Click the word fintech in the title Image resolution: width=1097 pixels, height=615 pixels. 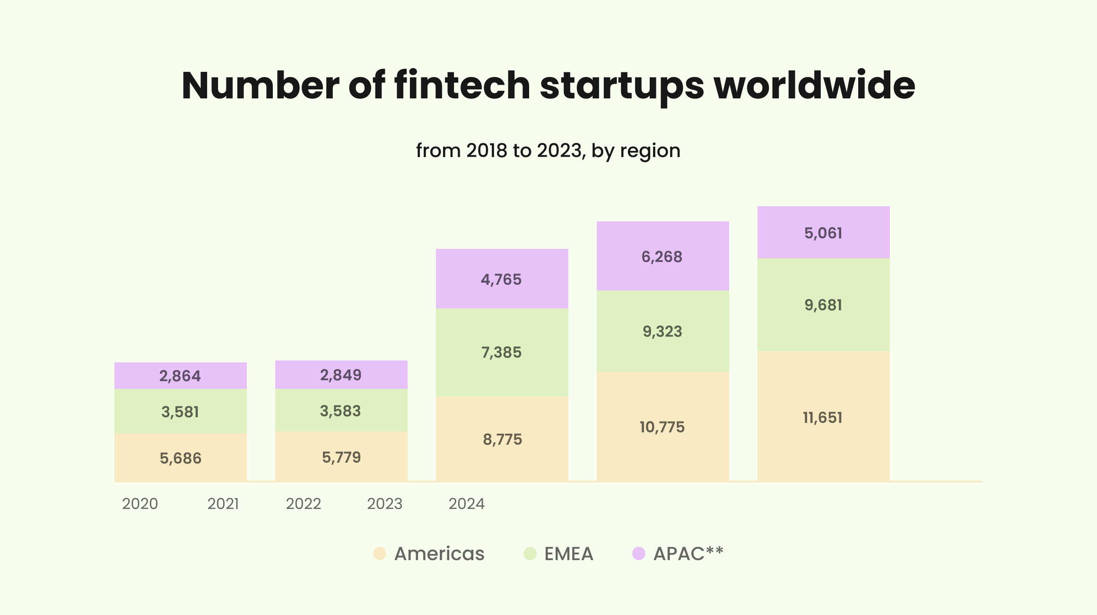(462, 86)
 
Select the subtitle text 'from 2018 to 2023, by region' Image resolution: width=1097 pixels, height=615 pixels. (548, 151)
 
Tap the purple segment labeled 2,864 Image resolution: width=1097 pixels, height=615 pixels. (180, 376)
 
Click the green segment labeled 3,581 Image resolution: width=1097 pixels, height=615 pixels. (180, 412)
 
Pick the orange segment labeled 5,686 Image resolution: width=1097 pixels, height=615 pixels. (180, 458)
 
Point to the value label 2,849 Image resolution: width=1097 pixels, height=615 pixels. (340, 375)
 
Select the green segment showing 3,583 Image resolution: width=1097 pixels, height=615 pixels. (340, 411)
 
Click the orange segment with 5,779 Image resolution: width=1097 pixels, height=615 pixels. (341, 457)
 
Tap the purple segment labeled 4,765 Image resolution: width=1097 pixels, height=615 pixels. (501, 279)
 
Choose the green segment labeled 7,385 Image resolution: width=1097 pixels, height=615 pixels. (501, 352)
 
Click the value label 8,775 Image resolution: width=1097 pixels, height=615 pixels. (502, 439)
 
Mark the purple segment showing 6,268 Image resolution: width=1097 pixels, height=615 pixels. (662, 256)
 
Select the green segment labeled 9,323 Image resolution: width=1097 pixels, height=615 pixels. (662, 331)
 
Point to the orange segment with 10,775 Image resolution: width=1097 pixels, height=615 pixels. (662, 427)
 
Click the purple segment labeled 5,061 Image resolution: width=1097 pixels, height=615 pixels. (823, 233)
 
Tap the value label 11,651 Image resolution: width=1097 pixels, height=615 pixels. (823, 418)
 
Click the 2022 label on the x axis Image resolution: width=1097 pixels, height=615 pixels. (303, 504)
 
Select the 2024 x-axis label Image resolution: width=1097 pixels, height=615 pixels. (466, 504)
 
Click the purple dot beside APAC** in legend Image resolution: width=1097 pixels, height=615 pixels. (639, 553)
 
